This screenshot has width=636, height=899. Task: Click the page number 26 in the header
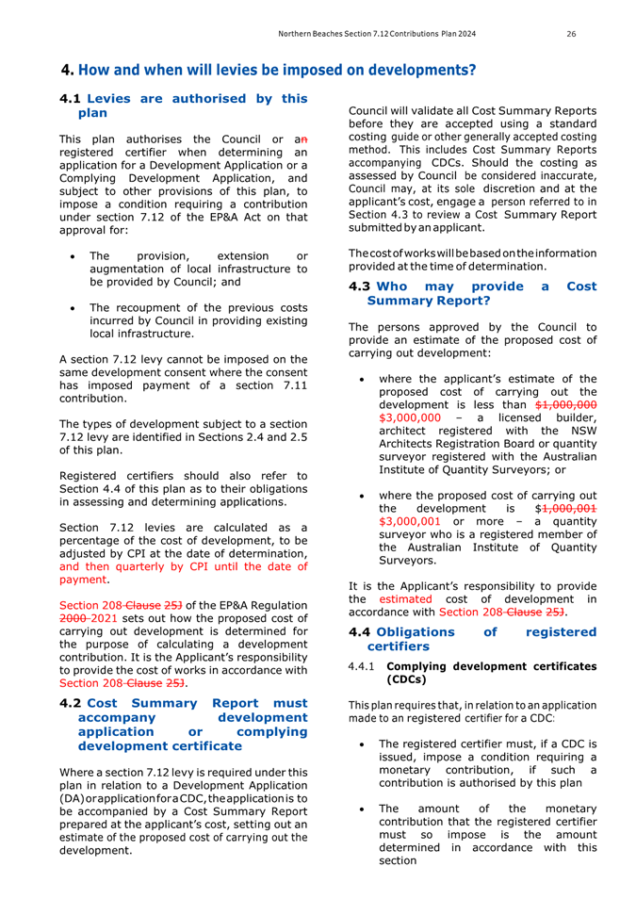pos(571,34)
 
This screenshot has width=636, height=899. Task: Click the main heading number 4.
pos(65,70)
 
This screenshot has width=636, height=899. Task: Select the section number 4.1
pos(71,97)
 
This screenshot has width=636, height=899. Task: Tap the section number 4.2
pos(71,702)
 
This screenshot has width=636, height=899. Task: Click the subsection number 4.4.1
pos(364,666)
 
